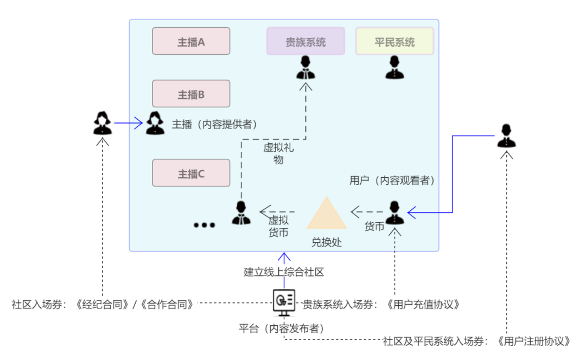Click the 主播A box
191,42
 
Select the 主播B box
191,94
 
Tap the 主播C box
191,173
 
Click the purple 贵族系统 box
305,42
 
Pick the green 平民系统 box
394,42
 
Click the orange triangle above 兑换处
326,214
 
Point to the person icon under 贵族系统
305,68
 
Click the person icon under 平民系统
394,68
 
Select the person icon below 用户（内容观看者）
394,213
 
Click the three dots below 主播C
205,225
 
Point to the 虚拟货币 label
278,226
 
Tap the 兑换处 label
326,242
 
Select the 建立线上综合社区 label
284,272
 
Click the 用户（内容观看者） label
392,181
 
